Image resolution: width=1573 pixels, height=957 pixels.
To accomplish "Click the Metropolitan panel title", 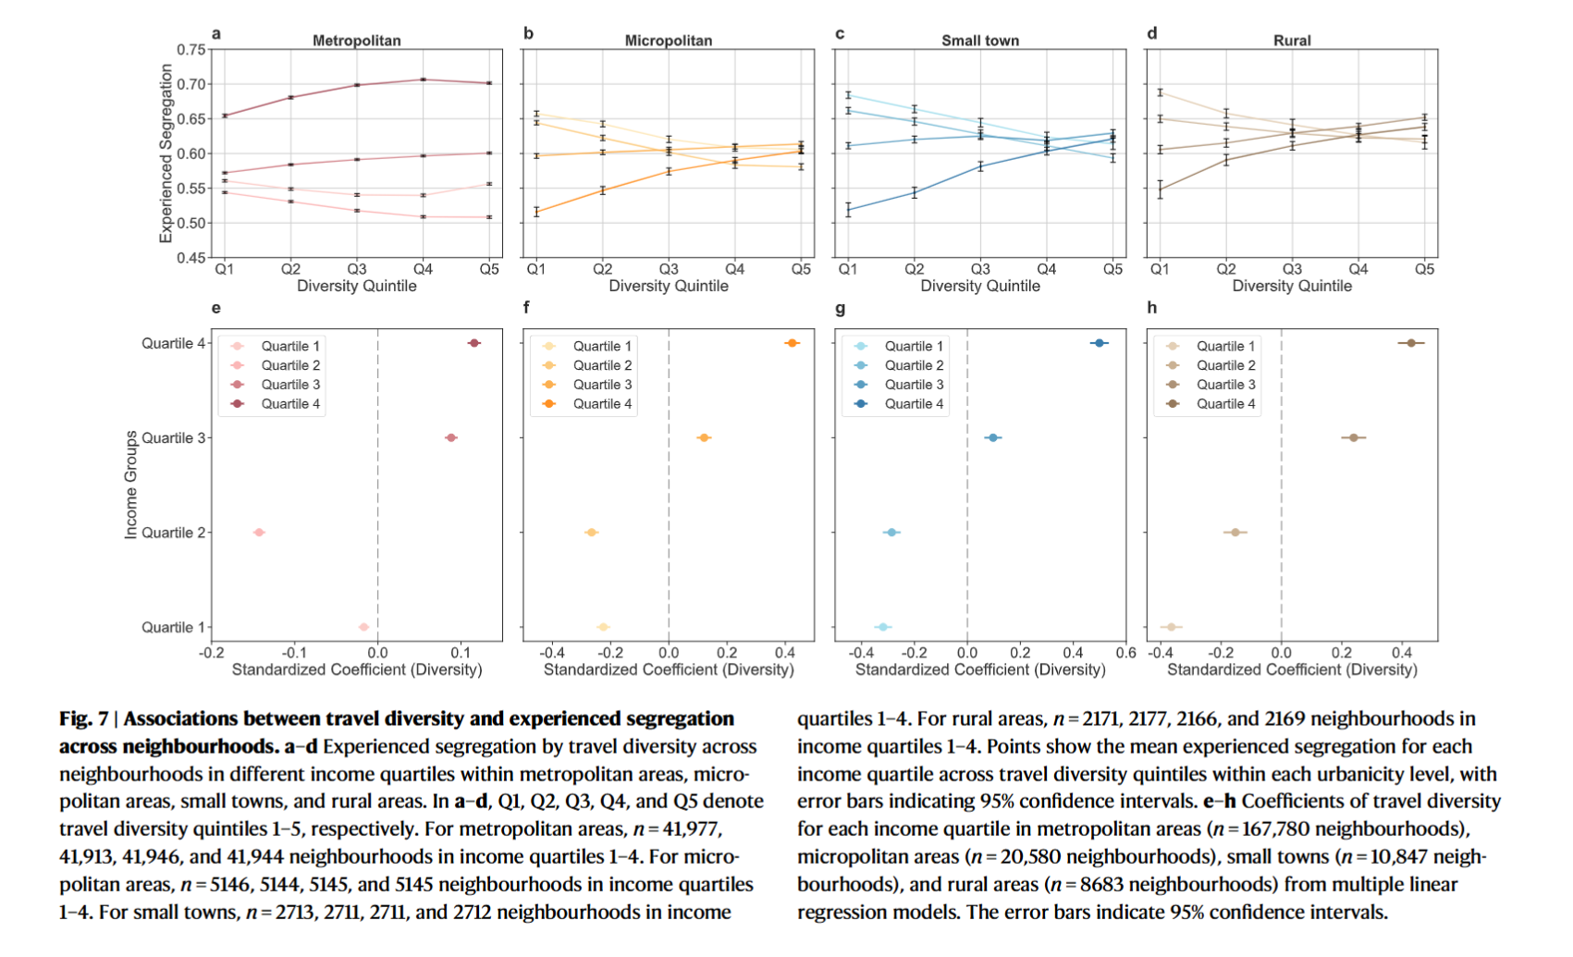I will tap(356, 41).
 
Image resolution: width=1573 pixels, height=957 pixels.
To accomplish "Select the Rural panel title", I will tap(1291, 41).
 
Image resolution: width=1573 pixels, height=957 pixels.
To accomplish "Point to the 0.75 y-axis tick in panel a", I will tap(190, 50).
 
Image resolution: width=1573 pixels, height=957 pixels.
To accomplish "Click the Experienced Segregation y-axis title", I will tap(166, 153).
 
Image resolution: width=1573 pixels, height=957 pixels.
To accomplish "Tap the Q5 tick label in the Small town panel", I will tap(1112, 269).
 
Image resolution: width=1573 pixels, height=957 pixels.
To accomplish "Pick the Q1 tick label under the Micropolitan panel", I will tap(536, 269).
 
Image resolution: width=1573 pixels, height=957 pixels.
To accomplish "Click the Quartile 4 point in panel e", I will tap(474, 343).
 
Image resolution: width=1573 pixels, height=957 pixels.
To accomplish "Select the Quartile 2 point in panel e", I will tap(259, 533).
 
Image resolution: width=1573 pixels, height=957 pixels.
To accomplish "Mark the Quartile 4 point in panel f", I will tap(792, 343).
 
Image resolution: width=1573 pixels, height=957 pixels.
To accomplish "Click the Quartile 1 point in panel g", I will tap(883, 627).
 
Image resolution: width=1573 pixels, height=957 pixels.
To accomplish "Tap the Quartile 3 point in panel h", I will tap(1354, 437).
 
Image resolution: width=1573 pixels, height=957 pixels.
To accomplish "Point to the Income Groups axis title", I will tap(131, 485).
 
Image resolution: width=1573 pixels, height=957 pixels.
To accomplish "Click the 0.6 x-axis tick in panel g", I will tap(1125, 653).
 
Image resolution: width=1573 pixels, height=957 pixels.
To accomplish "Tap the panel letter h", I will tap(1151, 308).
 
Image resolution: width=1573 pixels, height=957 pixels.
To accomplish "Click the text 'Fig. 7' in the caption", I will tap(83, 718).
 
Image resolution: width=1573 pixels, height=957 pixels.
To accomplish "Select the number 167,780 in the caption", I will tap(1425, 828).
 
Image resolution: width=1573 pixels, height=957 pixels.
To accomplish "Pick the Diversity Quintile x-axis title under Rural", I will tap(1291, 287).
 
